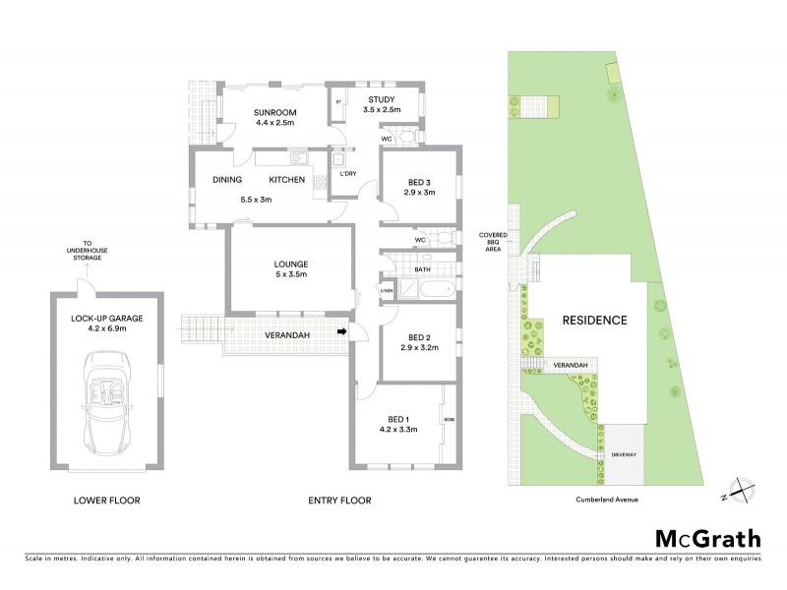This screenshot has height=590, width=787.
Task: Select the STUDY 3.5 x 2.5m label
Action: pos(381,105)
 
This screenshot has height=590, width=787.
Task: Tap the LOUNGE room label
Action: pos(292,269)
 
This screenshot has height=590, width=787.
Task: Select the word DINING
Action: pos(227,180)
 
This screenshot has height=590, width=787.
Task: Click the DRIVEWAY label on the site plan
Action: pos(624,455)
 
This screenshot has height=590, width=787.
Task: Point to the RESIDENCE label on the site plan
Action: pos(594,320)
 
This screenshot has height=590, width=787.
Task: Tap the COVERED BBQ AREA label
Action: pos(493,242)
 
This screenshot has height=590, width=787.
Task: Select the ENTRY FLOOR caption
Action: pos(339,501)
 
